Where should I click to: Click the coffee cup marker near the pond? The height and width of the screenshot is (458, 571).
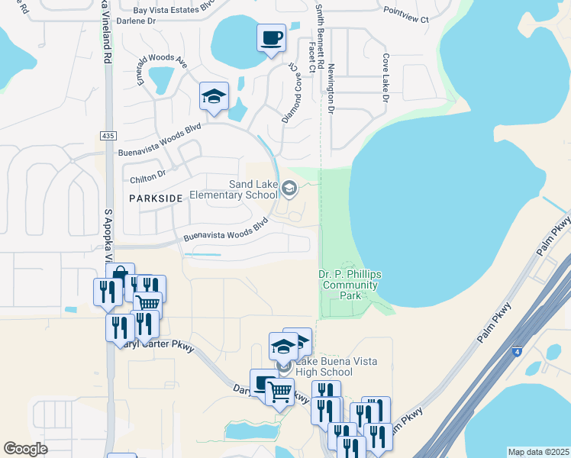[x=272, y=37]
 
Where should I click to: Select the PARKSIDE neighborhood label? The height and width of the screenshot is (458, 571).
[x=156, y=198]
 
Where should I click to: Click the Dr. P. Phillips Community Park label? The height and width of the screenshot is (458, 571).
[x=349, y=285]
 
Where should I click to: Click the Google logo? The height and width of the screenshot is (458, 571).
[x=26, y=449]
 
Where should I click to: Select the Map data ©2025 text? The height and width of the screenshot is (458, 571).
[x=538, y=452]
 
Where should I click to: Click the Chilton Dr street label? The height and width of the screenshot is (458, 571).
[x=148, y=176]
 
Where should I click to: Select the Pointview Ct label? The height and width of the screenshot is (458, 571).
[x=406, y=13]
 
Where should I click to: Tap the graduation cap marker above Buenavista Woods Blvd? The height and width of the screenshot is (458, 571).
[x=215, y=97]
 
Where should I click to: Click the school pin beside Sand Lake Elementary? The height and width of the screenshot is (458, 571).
[x=289, y=188]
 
